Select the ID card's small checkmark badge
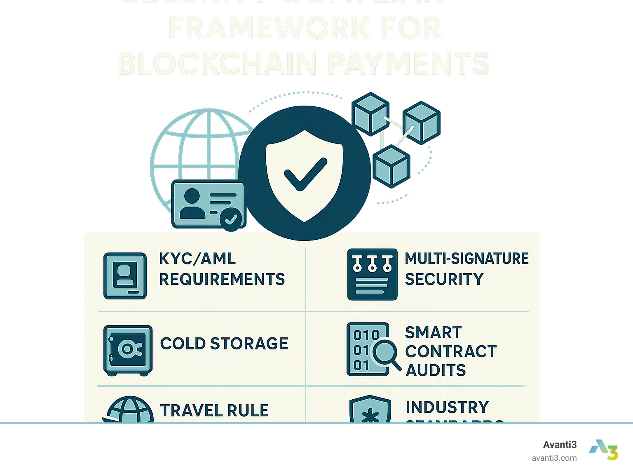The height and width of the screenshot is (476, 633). click(231, 219)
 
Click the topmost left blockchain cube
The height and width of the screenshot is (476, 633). click(370, 113)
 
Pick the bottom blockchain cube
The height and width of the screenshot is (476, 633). click(391, 166)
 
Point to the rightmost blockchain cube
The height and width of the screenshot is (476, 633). click(421, 123)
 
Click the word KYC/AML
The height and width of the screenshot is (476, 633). click(197, 259)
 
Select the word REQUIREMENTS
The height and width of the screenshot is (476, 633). click(222, 279)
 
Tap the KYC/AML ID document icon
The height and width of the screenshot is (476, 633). click(125, 276)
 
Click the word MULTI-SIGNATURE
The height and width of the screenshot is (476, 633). click(467, 259)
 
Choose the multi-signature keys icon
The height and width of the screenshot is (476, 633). click(372, 274)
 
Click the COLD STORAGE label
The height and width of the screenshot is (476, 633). click(224, 344)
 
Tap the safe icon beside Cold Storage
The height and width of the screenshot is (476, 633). click(128, 350)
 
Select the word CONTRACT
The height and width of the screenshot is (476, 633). click(451, 351)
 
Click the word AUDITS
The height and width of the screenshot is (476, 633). click(436, 370)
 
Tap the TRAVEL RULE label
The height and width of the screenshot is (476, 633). click(214, 411)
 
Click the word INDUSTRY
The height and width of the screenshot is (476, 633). click(447, 408)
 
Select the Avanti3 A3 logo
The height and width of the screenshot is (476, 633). click(604, 450)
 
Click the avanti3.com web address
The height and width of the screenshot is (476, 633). click(554, 458)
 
